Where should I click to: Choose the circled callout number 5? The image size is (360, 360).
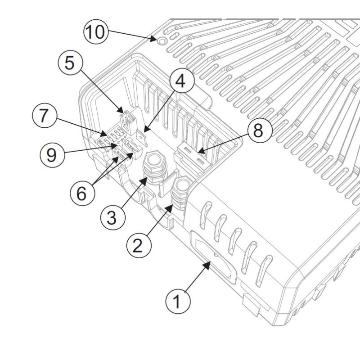(x=70, y=63)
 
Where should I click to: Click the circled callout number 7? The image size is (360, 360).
(x=44, y=116)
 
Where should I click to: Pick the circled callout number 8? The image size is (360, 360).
(x=257, y=131)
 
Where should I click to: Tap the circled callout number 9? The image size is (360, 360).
(x=52, y=155)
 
